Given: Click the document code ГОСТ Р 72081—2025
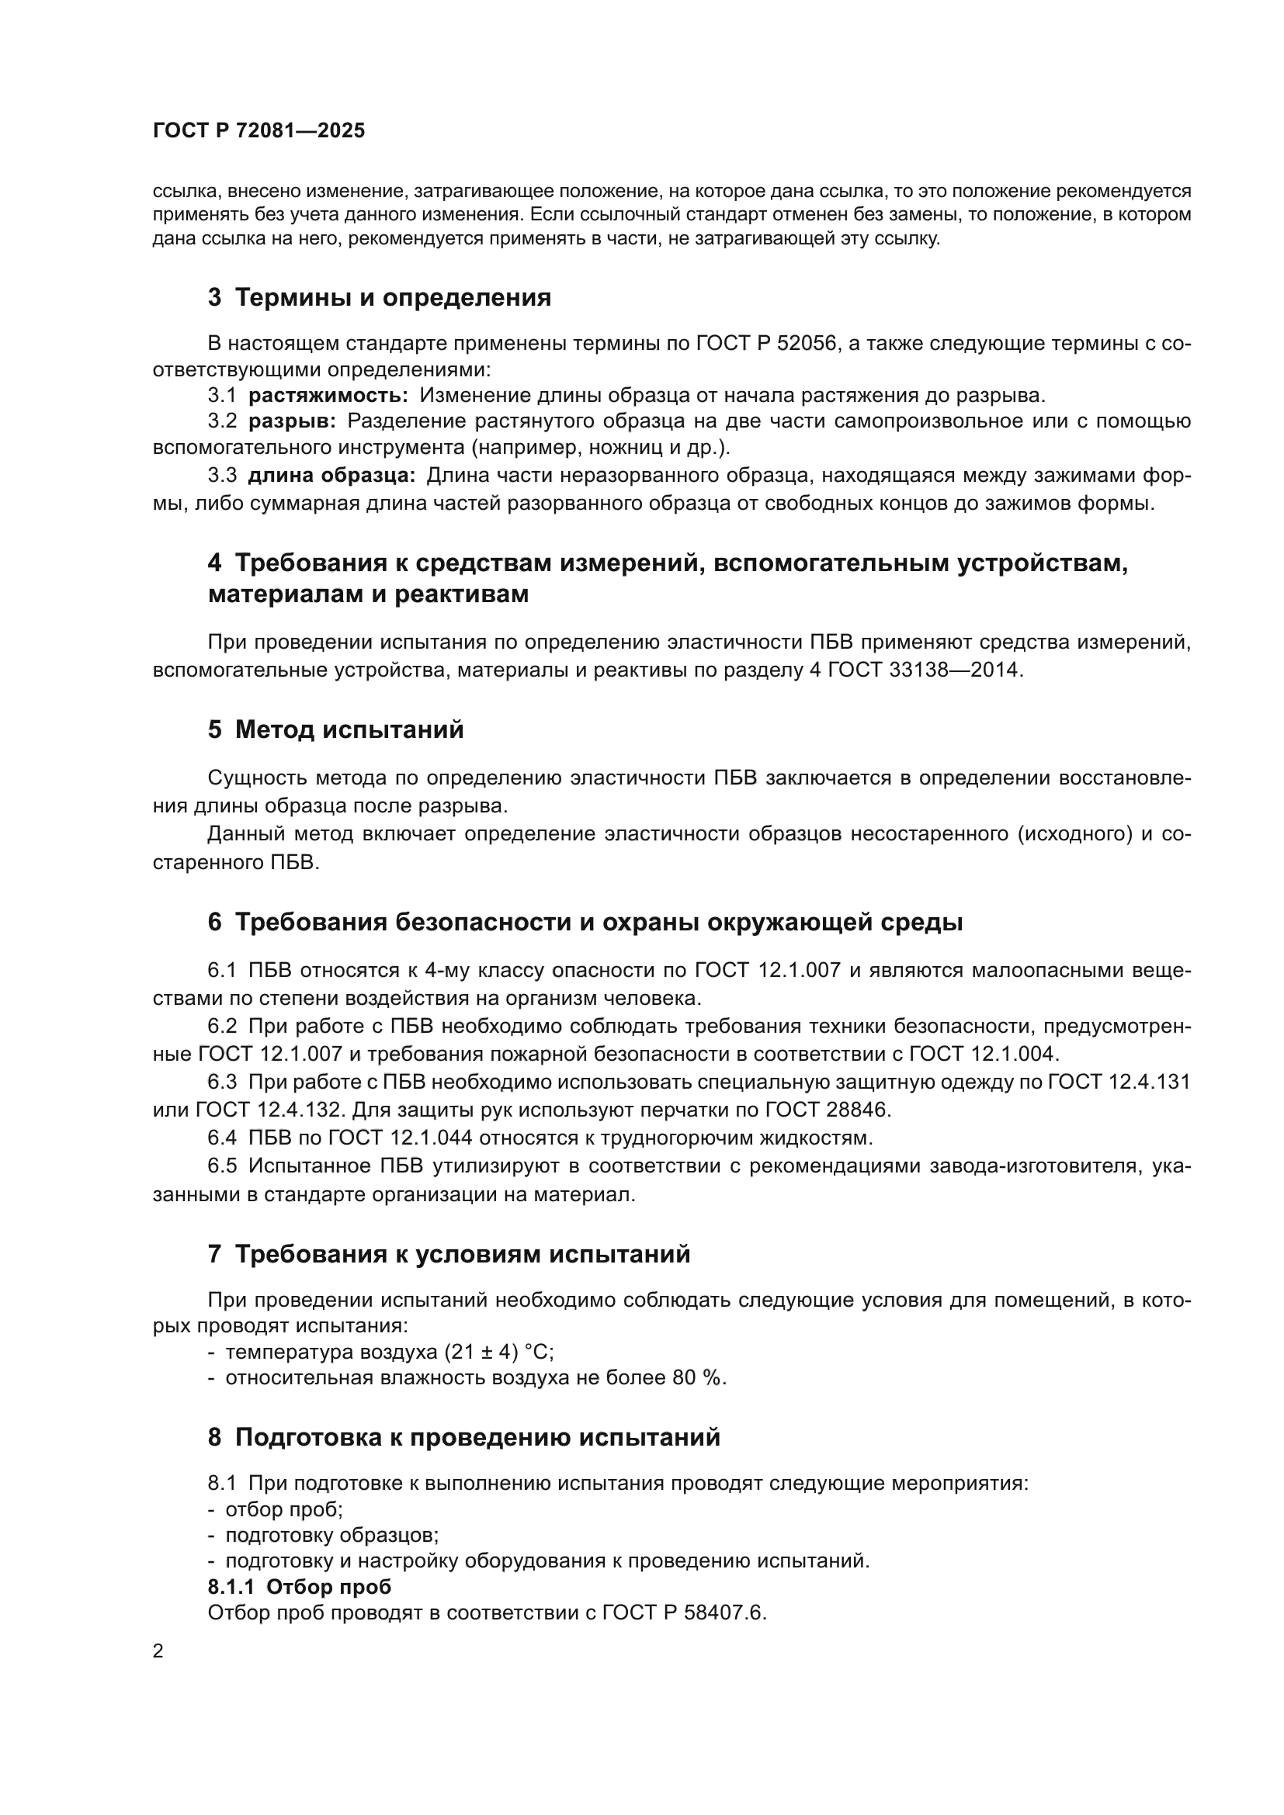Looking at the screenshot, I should pos(259,130).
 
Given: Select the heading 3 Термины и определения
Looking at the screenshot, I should pos(380,298).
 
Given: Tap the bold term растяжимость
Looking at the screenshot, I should pos(328,395).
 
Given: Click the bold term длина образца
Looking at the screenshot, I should pos(331,476).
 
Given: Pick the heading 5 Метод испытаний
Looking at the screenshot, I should pos(335,729).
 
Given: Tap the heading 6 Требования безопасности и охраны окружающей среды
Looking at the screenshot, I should pos(585,923).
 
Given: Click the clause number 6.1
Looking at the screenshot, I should pos(222,971).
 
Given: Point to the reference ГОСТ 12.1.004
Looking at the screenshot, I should pos(983,1054).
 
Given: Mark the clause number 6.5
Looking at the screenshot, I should pos(222,1166).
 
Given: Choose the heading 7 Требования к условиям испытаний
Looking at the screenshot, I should pos(449,1255).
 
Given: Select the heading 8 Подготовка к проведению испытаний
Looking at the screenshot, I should pos(464,1437).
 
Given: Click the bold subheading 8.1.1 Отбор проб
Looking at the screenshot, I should pos(300,1587).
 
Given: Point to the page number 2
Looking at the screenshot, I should pos(158,1651).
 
